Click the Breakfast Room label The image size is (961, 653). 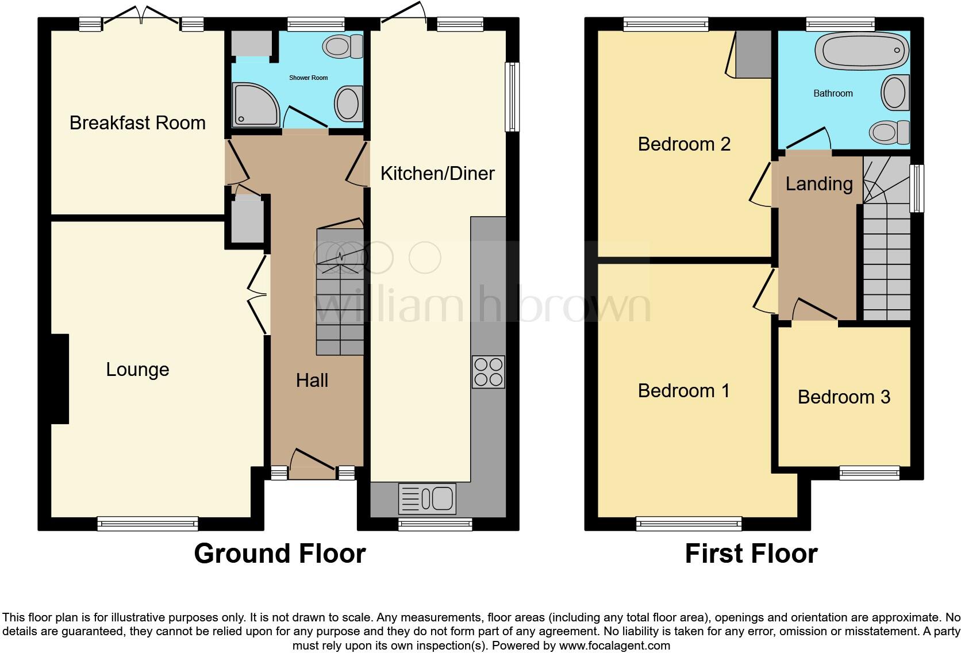[x=137, y=123]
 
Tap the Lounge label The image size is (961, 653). [x=137, y=370]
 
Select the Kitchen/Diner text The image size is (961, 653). [x=437, y=174]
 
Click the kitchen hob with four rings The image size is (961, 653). [x=488, y=372]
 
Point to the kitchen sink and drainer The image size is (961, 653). [x=426, y=498]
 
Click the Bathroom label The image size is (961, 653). [x=833, y=94]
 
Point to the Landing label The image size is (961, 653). [x=819, y=184]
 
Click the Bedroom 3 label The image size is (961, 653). [x=844, y=397]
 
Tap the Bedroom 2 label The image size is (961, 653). [x=684, y=144]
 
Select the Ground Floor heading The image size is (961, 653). [x=280, y=554]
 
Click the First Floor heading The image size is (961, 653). [x=751, y=554]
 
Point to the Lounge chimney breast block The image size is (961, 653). [x=60, y=379]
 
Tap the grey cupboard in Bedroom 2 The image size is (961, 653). [x=753, y=55]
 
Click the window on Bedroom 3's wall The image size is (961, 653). [x=869, y=473]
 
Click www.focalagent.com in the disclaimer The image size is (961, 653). [x=614, y=646]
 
